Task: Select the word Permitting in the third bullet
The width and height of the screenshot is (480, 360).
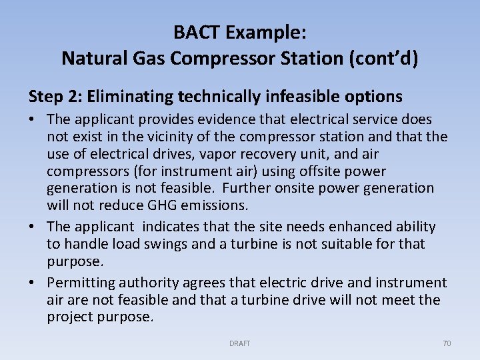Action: [80, 283]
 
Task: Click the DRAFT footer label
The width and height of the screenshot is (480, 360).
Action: [239, 343]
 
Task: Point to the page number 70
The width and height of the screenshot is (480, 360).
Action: [447, 343]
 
